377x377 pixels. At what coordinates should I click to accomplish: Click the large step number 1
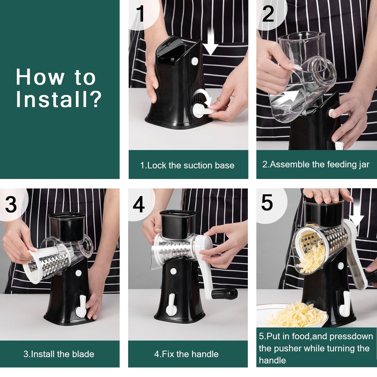coord(140,14)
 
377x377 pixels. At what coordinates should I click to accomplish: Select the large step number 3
coord(11,205)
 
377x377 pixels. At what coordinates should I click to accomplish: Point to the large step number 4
coord(139,205)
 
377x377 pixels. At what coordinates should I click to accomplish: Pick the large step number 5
coord(267,203)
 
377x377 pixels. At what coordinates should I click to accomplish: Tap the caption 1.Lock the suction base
coord(187,165)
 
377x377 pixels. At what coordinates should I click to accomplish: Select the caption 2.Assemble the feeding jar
coord(316,164)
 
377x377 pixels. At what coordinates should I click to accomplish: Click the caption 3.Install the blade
coord(59,354)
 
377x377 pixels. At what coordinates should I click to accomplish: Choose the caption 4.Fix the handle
coord(186,354)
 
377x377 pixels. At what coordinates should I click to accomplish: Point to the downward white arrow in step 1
coord(210,43)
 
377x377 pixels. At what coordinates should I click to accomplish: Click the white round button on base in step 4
coord(173,272)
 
